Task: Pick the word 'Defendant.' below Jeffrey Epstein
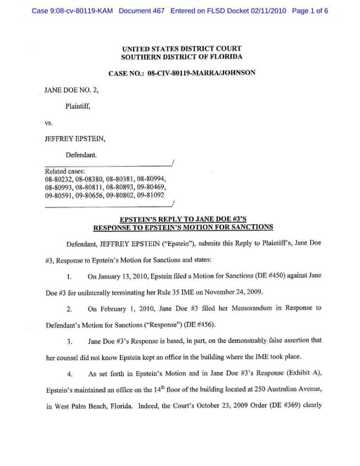point(82,154)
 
